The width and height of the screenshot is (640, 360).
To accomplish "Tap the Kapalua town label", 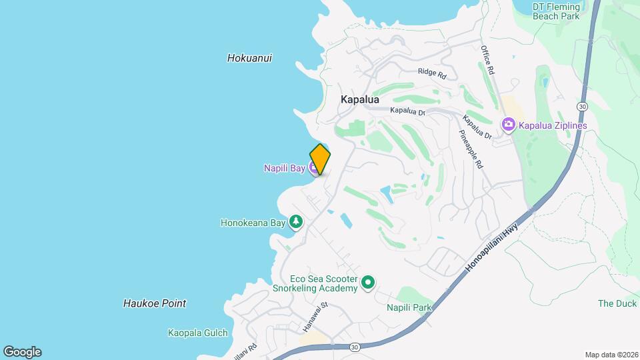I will [x=359, y=99].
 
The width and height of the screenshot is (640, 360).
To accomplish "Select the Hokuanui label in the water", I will [x=249, y=58].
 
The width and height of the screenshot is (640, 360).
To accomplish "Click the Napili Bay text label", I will [x=284, y=169].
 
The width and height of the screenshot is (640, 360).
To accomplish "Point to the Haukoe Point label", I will [x=155, y=303].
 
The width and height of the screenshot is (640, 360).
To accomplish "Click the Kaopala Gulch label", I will [x=198, y=333].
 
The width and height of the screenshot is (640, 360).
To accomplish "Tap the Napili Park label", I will [x=409, y=307].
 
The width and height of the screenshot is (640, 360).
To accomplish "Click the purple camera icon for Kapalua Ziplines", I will [x=509, y=125].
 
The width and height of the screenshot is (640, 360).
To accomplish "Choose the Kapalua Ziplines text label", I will [x=553, y=125].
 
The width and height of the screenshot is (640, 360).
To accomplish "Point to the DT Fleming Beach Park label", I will [x=565, y=11].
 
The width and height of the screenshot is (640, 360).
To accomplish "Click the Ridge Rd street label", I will [x=432, y=72].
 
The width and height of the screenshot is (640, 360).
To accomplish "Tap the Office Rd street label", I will [x=488, y=60].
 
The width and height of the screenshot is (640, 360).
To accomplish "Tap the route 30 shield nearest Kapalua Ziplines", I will [x=582, y=106].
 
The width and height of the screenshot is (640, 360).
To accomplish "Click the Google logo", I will [x=22, y=352].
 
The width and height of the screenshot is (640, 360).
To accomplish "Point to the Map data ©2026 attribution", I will [x=611, y=355].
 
